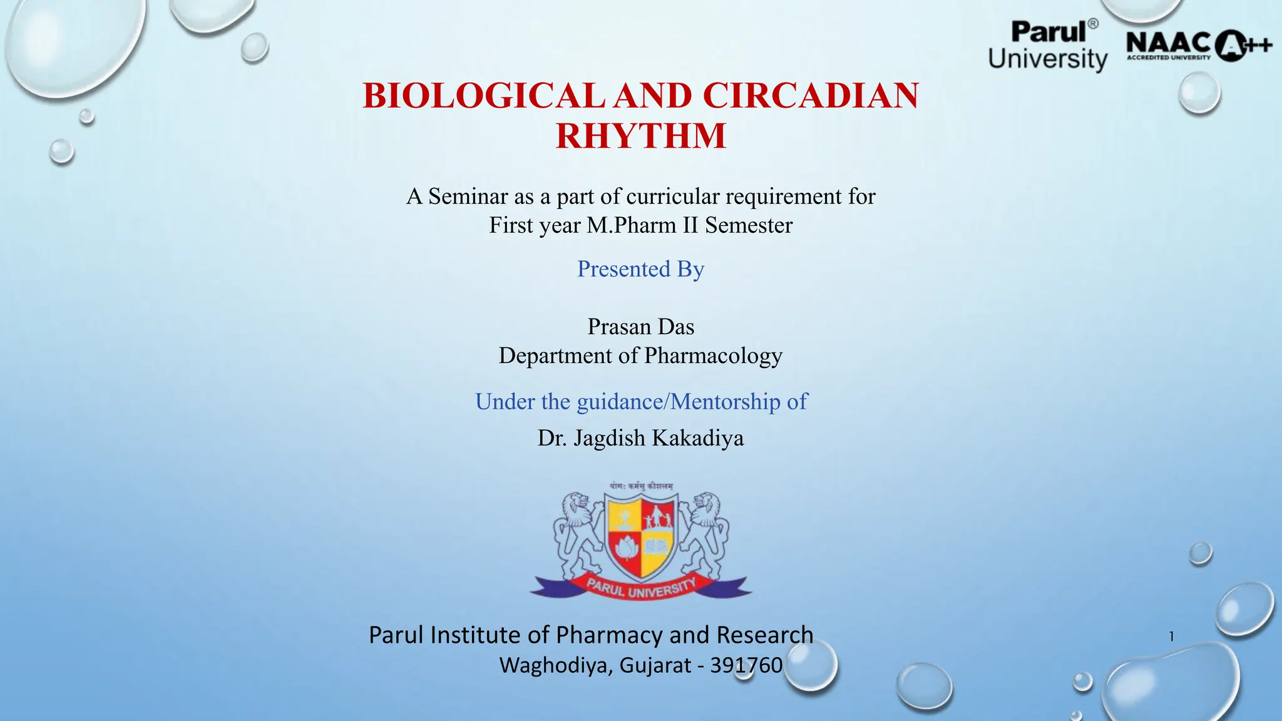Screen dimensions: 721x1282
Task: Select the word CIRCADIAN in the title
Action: [810, 96]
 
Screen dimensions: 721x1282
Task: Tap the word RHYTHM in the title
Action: [641, 136]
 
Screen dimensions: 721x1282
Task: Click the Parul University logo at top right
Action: [1048, 45]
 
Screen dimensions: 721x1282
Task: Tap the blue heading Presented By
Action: [640, 269]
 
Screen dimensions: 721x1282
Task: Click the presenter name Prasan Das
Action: [640, 327]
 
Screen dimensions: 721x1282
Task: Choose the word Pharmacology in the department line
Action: [713, 355]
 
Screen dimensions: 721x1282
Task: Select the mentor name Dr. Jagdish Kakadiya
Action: [640, 438]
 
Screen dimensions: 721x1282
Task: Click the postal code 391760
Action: [746, 665]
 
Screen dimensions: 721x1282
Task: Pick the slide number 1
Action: [1171, 637]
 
